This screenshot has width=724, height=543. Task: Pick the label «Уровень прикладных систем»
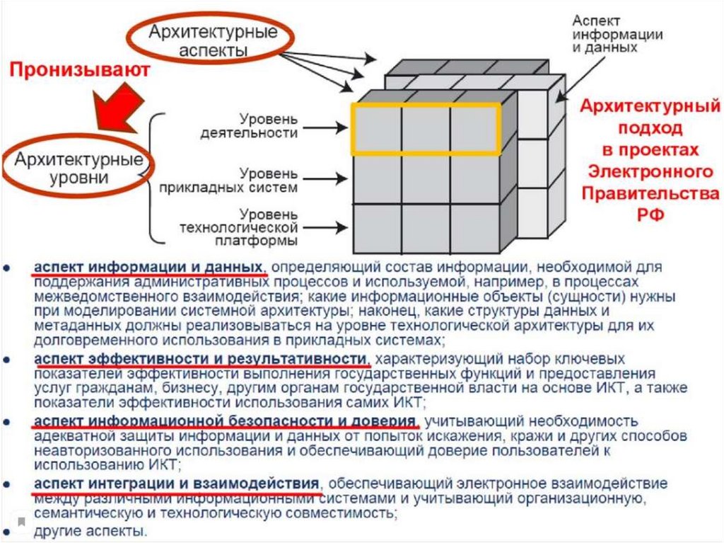click(258, 181)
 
